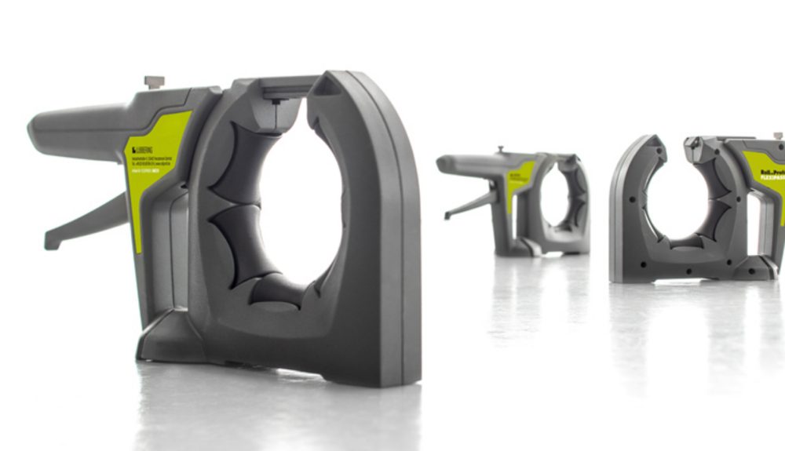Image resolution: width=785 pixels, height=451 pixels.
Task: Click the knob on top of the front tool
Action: [155, 82]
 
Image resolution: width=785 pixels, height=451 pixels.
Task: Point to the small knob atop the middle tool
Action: [499, 149]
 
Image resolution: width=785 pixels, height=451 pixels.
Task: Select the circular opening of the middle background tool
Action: [556, 199]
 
